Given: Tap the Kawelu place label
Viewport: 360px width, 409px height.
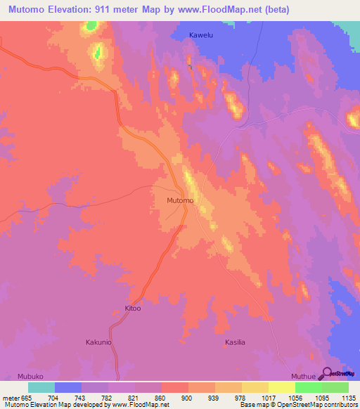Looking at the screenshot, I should point(202,34).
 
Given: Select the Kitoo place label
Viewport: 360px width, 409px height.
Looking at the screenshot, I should point(133,309).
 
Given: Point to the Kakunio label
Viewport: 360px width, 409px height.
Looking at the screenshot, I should point(99,342).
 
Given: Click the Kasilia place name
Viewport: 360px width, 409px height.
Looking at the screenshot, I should point(235,342).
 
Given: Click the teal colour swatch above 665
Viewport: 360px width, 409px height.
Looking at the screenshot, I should point(41,387).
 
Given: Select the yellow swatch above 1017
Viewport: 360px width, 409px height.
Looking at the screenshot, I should point(281,387).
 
